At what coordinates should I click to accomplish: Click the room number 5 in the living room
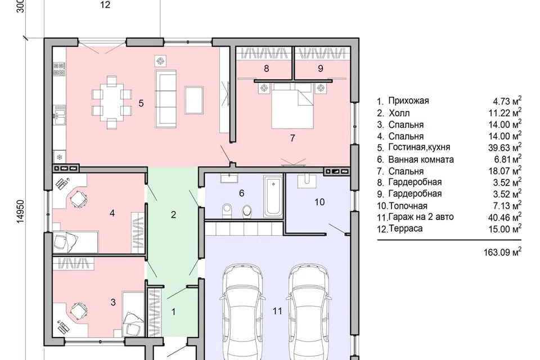coord(141,103)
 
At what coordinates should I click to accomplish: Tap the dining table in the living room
coord(111,103)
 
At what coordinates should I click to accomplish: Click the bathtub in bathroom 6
coord(273,196)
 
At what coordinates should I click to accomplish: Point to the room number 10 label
coord(319,202)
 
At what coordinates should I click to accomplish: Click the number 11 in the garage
coord(277,311)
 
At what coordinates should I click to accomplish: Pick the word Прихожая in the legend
coord(408,101)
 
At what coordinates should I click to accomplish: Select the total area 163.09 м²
coord(502,252)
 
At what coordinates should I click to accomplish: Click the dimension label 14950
coord(20,212)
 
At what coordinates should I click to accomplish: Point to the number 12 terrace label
coord(105,5)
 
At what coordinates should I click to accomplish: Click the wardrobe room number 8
coord(266,69)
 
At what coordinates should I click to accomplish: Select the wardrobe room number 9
coord(320,69)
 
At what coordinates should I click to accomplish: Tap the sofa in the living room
coord(165,98)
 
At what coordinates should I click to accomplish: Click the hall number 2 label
coord(173,215)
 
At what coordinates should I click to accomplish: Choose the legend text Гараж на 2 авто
coord(421,217)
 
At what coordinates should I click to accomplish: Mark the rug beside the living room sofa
coord(194,100)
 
